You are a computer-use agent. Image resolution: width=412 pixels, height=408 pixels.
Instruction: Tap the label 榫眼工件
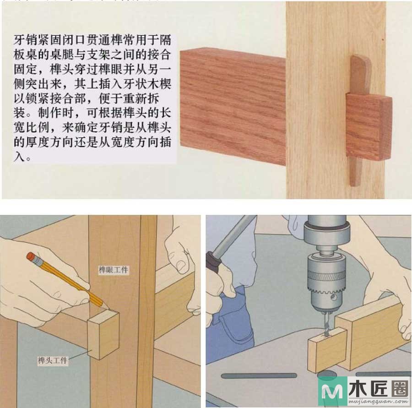(113, 270)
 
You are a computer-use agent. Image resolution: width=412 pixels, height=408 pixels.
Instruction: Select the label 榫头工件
(53, 360)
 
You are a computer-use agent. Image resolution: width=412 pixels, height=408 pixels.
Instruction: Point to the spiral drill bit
(326, 323)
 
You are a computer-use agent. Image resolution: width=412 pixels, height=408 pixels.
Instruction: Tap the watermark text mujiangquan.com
(379, 402)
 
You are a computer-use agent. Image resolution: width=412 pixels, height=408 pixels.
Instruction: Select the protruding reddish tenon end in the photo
(369, 126)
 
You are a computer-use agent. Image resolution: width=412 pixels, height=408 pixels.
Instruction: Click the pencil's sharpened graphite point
(108, 307)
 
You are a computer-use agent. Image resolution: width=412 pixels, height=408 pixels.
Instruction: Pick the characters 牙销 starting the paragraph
(26, 40)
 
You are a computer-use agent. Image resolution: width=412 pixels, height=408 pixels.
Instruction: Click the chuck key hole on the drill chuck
(334, 298)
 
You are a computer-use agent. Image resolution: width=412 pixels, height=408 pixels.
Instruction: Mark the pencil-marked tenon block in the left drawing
(103, 334)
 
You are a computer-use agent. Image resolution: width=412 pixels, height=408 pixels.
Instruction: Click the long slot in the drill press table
(259, 375)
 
